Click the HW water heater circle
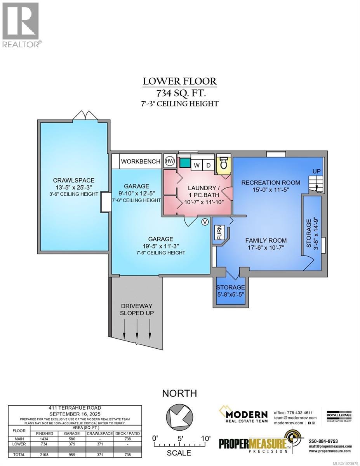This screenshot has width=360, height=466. (x=170, y=161)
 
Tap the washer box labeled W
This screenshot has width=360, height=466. (x=197, y=165)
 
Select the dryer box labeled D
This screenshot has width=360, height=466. (x=208, y=165)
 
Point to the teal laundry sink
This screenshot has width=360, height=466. (x=185, y=163)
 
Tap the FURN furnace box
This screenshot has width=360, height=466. (x=219, y=233)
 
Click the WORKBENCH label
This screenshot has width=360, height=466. (x=141, y=162)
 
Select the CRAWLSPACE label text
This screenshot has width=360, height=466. (x=73, y=180)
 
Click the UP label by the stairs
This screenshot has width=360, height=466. (x=317, y=171)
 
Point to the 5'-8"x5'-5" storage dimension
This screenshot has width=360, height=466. (x=231, y=294)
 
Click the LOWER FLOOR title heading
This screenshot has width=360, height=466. (x=180, y=81)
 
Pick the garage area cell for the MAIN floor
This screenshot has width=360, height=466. (x=72, y=439)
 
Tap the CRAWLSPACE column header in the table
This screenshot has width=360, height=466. (x=100, y=433)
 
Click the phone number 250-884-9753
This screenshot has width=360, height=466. (x=323, y=441)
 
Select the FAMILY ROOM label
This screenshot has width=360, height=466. (x=266, y=240)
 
